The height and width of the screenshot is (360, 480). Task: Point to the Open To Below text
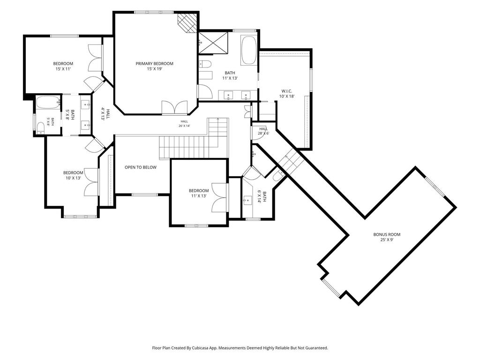141,167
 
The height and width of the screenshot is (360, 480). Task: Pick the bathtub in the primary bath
249,51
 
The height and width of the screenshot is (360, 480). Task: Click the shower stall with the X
213,42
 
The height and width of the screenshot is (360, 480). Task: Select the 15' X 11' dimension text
63,69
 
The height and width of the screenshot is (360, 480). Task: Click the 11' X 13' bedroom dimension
199,196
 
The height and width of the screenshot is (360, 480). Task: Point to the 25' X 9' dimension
387,240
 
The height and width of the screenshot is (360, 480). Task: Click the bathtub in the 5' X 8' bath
48,102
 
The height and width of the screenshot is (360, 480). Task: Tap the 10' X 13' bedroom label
73,175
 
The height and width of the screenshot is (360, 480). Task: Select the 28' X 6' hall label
263,131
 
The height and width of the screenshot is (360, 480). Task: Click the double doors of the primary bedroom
174,108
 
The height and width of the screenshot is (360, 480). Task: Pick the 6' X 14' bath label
262,197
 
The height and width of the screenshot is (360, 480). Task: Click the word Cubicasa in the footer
199,348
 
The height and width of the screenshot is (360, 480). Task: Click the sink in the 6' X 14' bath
247,201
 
